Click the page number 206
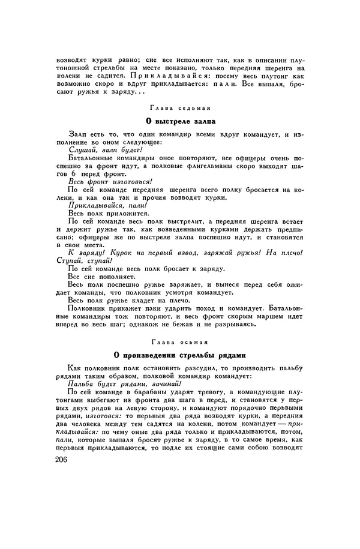point(60,476)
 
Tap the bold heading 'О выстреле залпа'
point(179,121)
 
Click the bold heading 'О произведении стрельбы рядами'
point(179,354)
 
